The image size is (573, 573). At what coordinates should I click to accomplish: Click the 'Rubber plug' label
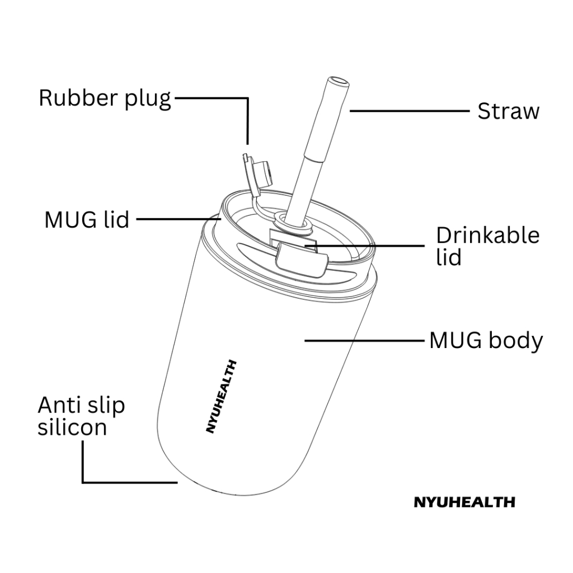(105, 98)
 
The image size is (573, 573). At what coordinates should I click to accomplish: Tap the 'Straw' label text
(508, 111)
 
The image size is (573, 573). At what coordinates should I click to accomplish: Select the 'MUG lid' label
(87, 219)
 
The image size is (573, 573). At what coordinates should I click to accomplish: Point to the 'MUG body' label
(486, 340)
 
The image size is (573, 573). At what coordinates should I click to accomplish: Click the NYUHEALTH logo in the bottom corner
(464, 502)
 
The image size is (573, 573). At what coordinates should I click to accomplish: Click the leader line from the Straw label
(408, 111)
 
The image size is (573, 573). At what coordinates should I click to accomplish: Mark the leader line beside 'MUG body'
(364, 340)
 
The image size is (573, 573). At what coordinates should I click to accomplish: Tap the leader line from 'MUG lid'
(173, 219)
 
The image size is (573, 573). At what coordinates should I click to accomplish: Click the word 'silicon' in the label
(72, 428)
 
